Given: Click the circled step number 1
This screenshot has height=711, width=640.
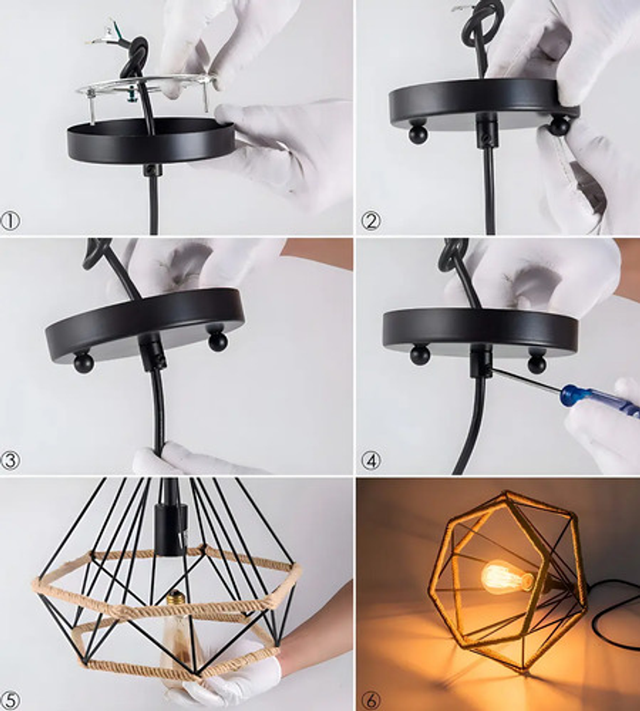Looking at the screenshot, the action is (x=10, y=221).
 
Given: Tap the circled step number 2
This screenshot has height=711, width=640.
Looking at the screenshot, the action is (x=371, y=221).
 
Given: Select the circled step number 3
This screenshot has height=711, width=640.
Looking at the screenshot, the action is (x=10, y=460).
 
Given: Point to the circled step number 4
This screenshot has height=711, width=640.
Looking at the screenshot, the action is (x=371, y=460).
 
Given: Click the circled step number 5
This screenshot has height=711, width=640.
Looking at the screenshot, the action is (x=10, y=700).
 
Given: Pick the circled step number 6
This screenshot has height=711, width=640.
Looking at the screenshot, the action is (x=371, y=700).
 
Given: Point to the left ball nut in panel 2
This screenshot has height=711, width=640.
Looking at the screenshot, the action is (x=418, y=134).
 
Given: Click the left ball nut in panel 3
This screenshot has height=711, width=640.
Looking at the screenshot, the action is (x=83, y=362).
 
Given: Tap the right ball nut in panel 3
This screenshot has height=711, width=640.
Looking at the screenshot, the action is (x=218, y=341).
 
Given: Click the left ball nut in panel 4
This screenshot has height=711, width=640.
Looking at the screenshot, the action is (x=419, y=355).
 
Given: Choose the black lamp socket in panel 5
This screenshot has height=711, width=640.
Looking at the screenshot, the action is (x=169, y=528).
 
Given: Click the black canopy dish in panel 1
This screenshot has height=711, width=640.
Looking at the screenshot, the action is (x=151, y=141).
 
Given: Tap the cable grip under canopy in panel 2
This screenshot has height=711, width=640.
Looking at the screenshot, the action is (x=485, y=130).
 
